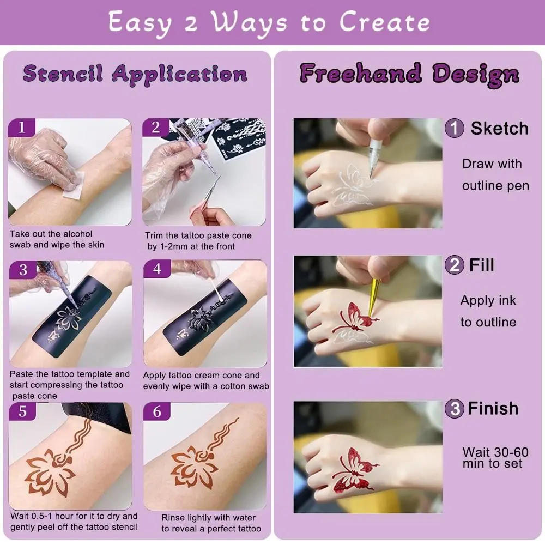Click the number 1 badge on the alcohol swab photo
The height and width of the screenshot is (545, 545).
[22, 127]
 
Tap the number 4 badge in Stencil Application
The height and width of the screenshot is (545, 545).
[157, 269]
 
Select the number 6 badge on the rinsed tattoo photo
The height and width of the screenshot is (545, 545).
[157, 411]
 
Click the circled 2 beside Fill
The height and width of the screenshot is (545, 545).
[455, 265]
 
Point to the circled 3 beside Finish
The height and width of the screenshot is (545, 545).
[455, 408]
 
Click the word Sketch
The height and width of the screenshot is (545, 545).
[499, 128]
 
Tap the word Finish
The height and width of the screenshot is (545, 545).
[493, 408]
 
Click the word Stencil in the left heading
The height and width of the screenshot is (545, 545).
[63, 74]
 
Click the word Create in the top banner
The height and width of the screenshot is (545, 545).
[384, 22]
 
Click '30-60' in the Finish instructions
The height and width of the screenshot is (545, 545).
[512, 452]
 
